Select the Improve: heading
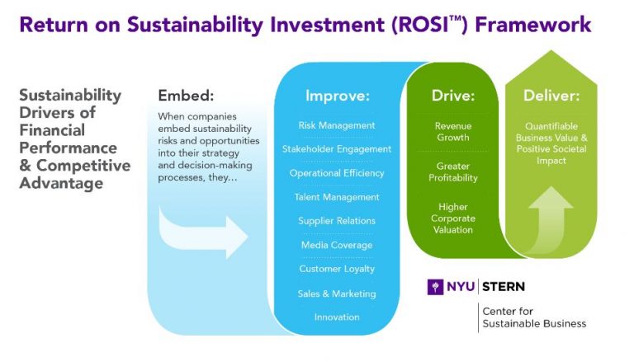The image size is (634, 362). [x=337, y=96]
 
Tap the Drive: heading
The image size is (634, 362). [x=453, y=96]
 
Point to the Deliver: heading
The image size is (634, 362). [x=551, y=96]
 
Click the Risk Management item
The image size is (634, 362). [x=337, y=125]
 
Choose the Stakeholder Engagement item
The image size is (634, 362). [x=337, y=149]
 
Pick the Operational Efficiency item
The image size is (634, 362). [x=337, y=173]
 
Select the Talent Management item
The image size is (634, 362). [x=337, y=197]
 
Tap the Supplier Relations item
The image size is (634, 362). [x=337, y=221]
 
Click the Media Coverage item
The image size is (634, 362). [x=337, y=245]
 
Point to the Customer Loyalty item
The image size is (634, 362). [x=337, y=269]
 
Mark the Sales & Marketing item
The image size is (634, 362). [x=337, y=294]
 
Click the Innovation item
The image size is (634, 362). [x=337, y=317]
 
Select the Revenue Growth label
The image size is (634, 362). [x=453, y=132]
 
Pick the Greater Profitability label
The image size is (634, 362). [x=453, y=172]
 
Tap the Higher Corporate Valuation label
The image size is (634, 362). [x=453, y=219]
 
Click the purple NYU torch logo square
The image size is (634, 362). [x=435, y=287]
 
